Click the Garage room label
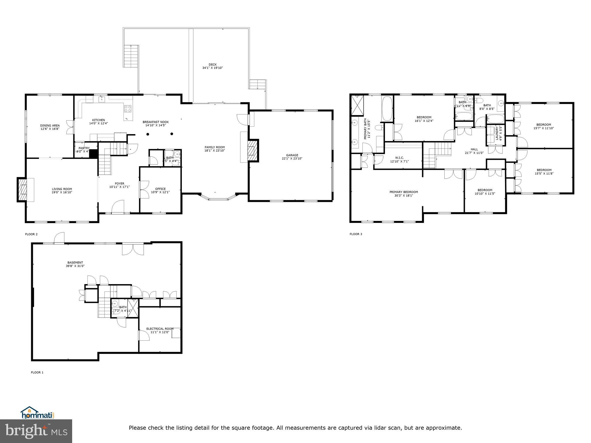click(292, 155)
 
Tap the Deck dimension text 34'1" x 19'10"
click(212, 68)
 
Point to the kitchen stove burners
click(128, 109)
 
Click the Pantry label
click(84, 148)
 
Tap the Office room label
click(160, 189)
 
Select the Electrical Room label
click(160, 329)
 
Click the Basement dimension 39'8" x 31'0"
click(75, 266)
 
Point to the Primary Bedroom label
click(403, 192)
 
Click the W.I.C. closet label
click(399, 158)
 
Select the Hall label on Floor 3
click(474, 149)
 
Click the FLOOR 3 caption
click(356, 234)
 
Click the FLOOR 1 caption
click(37, 372)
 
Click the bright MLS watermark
click(36, 431)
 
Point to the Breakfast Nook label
click(156, 122)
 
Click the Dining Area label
click(50, 125)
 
